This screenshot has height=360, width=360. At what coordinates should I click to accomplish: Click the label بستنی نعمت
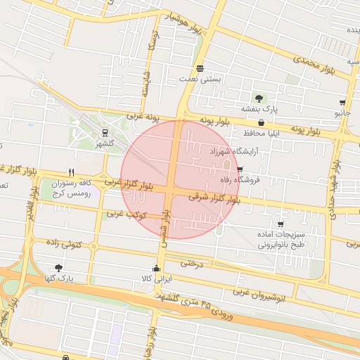[201, 79]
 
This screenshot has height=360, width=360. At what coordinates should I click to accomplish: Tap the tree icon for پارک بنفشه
[260, 98]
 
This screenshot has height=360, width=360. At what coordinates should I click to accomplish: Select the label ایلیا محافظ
[262, 133]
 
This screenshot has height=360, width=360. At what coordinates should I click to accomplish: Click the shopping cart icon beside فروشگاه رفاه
[240, 169]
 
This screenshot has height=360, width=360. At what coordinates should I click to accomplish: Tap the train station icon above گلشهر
[105, 131]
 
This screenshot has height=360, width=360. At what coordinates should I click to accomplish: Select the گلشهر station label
[105, 143]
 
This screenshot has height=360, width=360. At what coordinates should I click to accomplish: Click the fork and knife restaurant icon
[71, 172]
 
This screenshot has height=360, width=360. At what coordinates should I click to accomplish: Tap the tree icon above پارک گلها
[58, 268]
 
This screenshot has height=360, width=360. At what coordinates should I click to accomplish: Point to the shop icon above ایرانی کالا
[156, 269]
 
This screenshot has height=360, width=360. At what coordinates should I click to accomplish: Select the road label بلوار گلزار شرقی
[219, 200]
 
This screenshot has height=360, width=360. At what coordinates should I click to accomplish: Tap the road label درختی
[191, 263]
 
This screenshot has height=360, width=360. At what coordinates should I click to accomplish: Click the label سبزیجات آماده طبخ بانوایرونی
[281, 239]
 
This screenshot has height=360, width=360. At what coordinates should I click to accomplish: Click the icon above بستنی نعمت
[201, 68]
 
